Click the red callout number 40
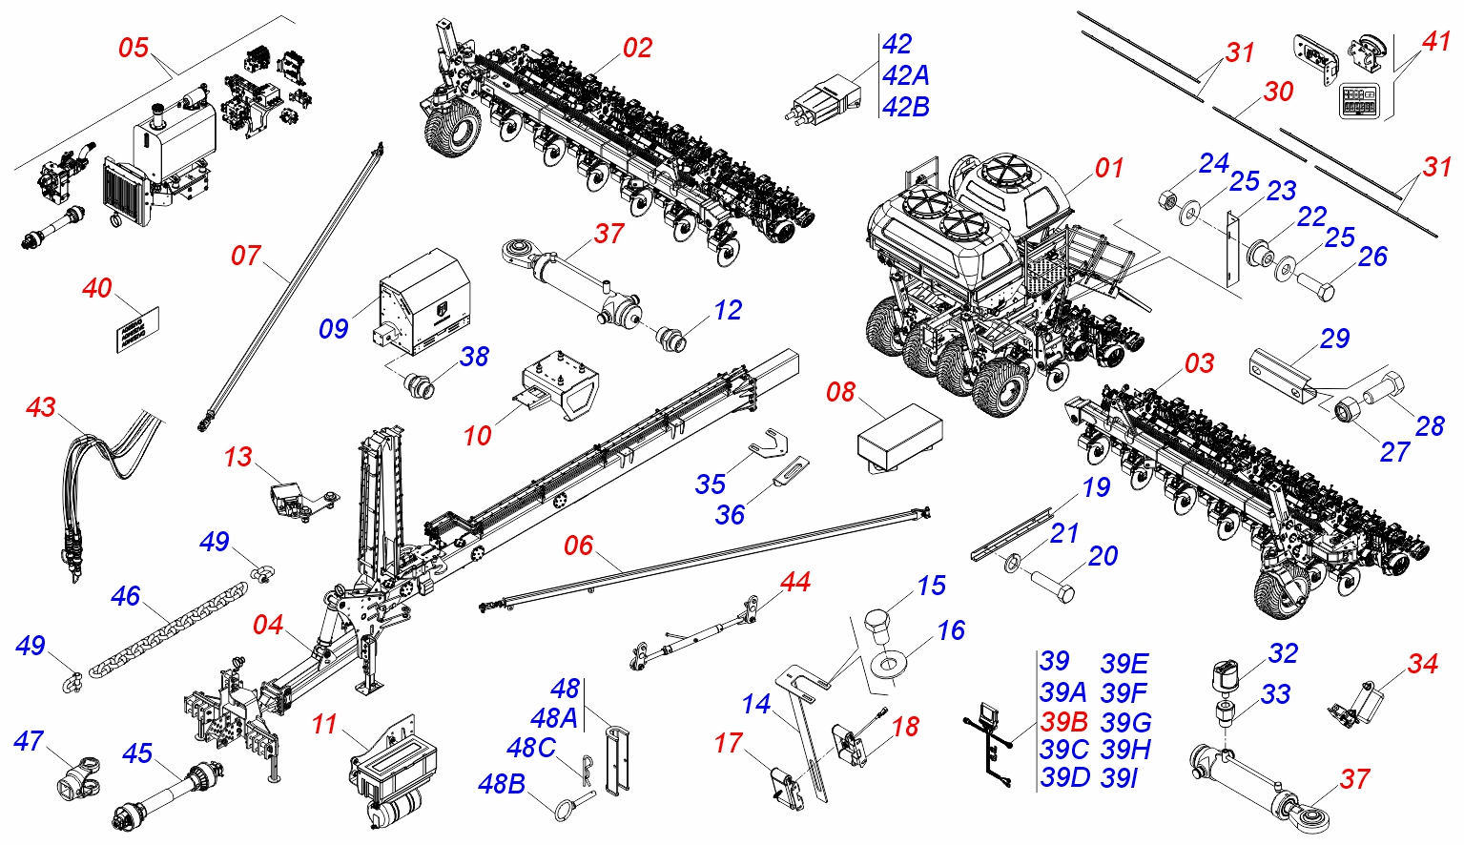[97, 288]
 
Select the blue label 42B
[905, 107]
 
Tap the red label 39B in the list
[1063, 721]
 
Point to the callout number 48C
[531, 748]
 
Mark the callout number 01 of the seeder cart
[1109, 169]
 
